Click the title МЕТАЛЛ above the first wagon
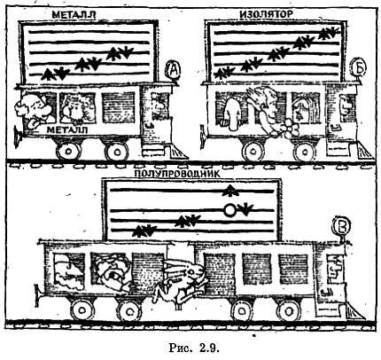(x=74, y=14)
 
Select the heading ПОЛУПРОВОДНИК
(x=177, y=174)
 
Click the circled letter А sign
(x=174, y=70)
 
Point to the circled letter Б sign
(x=359, y=68)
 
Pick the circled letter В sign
(x=342, y=226)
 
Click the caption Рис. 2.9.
(x=194, y=348)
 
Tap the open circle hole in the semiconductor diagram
(x=229, y=210)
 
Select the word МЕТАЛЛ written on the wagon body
(x=67, y=130)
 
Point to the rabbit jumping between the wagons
(x=180, y=282)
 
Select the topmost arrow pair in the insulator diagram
(x=330, y=33)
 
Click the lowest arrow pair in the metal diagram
(x=55, y=74)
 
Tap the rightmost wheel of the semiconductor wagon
(x=288, y=311)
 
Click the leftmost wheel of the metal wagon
(x=68, y=151)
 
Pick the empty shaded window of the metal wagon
(x=119, y=107)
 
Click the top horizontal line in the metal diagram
(x=89, y=32)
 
